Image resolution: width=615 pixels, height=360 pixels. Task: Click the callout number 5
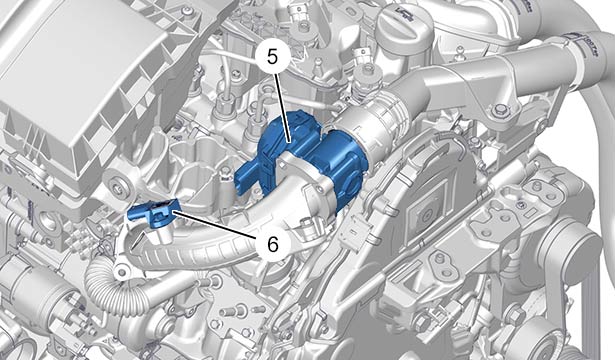click(272, 58)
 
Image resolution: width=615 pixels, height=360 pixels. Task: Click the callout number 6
click(272, 245)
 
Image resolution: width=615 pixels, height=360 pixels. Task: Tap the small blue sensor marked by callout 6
click(154, 213)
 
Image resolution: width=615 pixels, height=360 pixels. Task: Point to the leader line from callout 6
click(214, 224)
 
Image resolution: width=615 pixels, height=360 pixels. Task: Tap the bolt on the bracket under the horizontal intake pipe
click(500, 110)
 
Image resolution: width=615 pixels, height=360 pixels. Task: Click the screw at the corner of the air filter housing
click(189, 13)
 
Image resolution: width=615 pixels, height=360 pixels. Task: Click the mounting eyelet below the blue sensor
click(122, 271)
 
